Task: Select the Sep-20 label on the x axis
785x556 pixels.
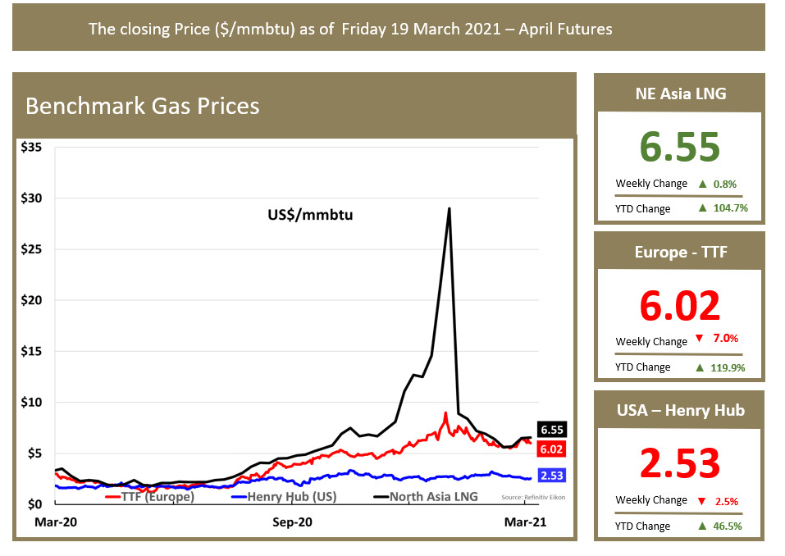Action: (293, 522)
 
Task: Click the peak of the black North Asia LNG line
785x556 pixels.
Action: (449, 208)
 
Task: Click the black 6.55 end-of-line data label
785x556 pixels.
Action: (552, 430)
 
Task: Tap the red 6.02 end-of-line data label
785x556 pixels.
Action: (552, 449)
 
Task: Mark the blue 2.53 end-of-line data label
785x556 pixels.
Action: (552, 476)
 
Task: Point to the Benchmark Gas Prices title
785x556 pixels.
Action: (143, 107)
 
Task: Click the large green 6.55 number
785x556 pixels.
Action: (679, 148)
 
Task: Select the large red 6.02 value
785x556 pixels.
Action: (679, 306)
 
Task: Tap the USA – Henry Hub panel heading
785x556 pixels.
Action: (680, 410)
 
